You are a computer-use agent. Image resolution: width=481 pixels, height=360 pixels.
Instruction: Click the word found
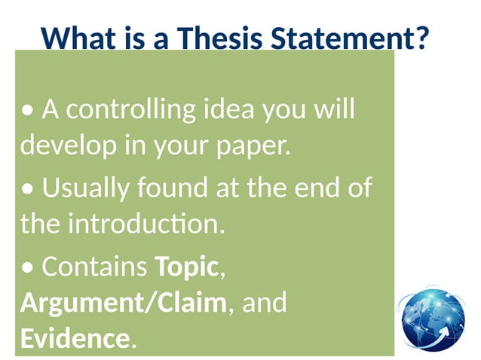click(x=166, y=188)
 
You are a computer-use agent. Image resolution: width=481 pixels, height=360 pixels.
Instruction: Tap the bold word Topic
click(x=186, y=266)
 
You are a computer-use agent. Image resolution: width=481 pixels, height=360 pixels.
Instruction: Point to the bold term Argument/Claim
click(x=123, y=303)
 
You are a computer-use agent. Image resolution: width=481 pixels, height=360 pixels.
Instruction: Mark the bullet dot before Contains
click(x=27, y=267)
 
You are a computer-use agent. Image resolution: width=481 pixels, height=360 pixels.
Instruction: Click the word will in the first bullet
click(x=334, y=110)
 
